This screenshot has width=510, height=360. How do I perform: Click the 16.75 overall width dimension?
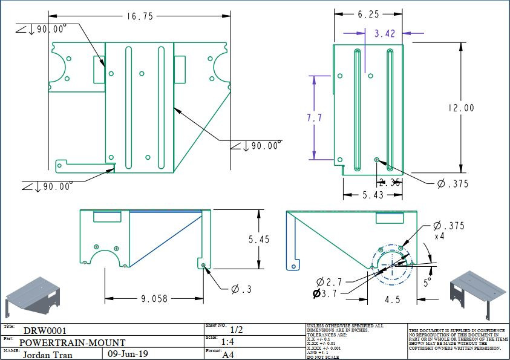(140, 17)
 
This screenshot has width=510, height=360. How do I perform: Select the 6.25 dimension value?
(368, 14)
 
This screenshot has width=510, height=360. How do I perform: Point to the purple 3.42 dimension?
(384, 34)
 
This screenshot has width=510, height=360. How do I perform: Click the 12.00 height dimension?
(461, 108)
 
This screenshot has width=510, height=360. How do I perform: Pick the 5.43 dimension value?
(373, 195)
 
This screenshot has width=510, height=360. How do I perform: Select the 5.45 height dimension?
(259, 240)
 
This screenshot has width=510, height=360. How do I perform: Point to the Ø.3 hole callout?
(241, 289)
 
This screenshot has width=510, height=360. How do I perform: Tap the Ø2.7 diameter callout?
(329, 282)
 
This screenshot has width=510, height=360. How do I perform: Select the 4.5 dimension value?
(393, 298)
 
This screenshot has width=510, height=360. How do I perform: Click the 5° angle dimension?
(428, 282)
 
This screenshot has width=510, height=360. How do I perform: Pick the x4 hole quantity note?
(440, 237)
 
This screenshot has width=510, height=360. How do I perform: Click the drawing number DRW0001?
(45, 331)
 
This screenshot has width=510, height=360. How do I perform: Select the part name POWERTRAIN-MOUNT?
(72, 342)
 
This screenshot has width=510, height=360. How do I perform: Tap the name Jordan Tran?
(48, 355)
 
